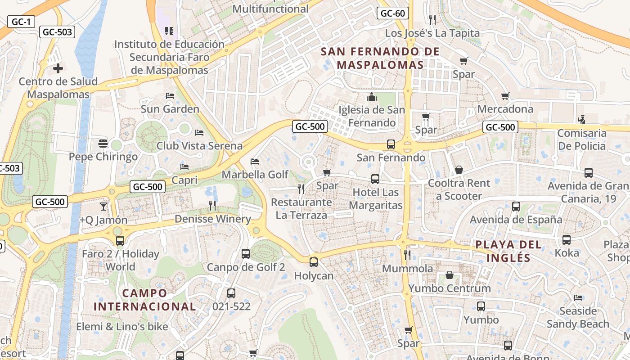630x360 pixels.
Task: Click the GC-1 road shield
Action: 21,22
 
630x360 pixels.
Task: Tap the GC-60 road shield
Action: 392,13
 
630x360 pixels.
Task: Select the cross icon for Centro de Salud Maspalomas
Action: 58,68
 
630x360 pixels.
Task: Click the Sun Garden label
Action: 170,109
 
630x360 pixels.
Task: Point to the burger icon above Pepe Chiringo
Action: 103,144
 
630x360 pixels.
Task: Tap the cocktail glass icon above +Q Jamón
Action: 103,207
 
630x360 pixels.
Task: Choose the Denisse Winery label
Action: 212,219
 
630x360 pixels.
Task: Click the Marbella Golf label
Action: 255,174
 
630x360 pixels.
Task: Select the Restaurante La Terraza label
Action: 301,208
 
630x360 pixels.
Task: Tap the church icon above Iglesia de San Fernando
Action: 372,97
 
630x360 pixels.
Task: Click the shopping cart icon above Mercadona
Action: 505,96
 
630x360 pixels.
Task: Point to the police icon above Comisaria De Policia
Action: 581,120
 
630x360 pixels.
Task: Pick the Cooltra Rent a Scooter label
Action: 459,189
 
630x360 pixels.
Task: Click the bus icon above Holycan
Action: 314,262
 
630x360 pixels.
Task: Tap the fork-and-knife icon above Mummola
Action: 407,255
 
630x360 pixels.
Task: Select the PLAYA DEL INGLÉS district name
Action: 508,251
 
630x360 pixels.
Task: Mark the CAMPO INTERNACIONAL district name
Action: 145,300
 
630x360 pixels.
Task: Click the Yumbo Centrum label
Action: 449,288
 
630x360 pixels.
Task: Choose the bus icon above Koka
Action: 567,240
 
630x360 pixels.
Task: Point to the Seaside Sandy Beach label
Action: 578,317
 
